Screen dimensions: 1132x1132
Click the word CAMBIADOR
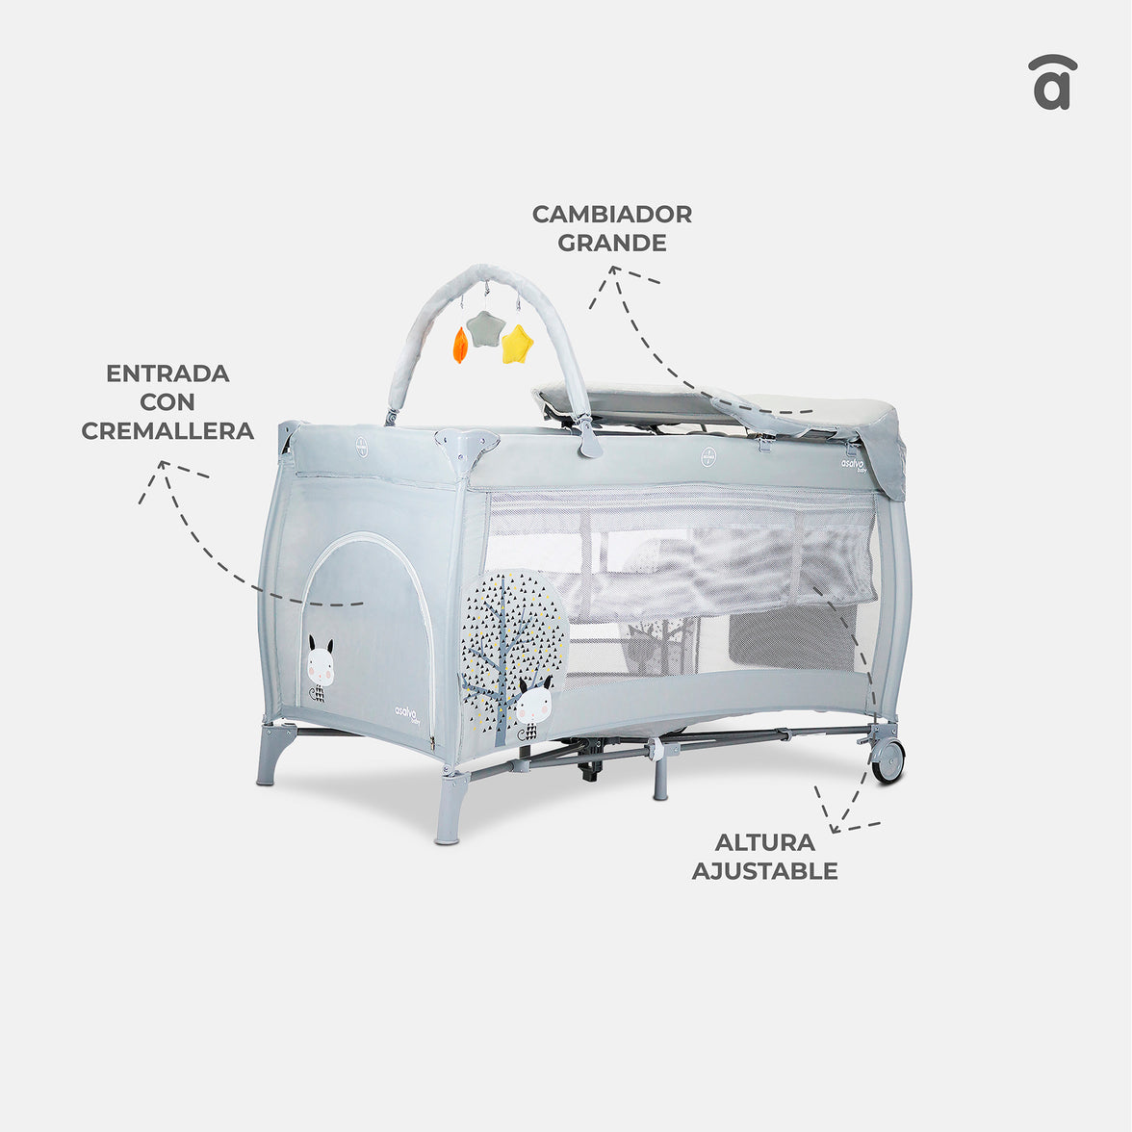(x=611, y=214)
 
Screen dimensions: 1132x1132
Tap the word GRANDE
(x=611, y=243)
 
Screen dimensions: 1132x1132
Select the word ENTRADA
(x=167, y=373)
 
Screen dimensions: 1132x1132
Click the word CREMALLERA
(x=167, y=431)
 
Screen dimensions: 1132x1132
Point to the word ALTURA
(x=764, y=841)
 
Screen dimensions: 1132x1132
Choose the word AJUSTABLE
(x=764, y=870)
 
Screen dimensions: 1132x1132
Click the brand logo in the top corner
(x=1053, y=82)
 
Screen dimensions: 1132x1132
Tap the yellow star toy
(x=517, y=343)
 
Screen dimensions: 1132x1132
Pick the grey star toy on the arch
(x=484, y=328)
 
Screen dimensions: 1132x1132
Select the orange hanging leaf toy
(x=460, y=345)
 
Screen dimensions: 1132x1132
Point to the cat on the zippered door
(x=320, y=668)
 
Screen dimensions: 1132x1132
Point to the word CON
(x=167, y=402)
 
